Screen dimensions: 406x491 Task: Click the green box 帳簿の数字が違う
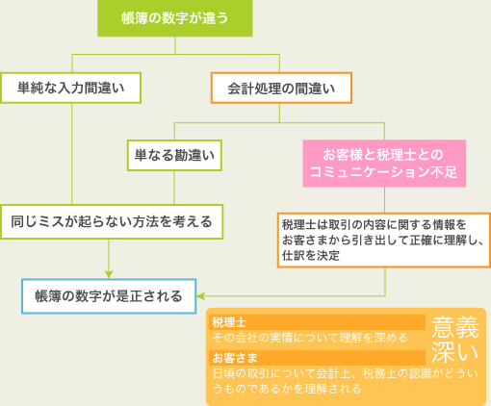[173, 18]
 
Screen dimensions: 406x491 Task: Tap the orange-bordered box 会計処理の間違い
[281, 88]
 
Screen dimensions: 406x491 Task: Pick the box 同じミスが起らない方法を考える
[113, 220]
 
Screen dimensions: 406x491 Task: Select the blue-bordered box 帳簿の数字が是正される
[109, 296]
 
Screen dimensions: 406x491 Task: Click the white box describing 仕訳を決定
[383, 239]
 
